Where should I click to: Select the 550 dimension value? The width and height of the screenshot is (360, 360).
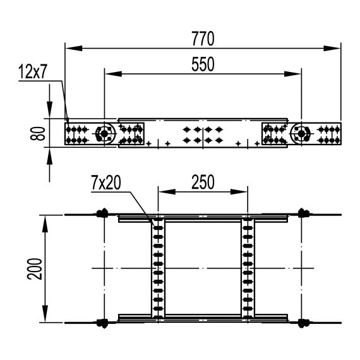pyautogui.click(x=203, y=64)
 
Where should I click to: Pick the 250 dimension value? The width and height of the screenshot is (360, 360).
pyautogui.click(x=202, y=182)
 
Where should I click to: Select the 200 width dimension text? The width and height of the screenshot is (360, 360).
pyautogui.click(x=35, y=269)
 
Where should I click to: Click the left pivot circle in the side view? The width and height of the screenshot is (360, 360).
pyautogui.click(x=102, y=133)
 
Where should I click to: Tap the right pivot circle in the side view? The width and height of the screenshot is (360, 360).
pyautogui.click(x=301, y=133)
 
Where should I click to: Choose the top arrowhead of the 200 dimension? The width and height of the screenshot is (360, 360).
pyautogui.click(x=45, y=219)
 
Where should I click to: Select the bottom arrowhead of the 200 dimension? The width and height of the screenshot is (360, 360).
pyautogui.click(x=45, y=319)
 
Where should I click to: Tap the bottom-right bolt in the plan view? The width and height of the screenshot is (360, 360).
pyautogui.click(x=303, y=323)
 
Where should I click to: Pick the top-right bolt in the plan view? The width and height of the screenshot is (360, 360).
pyautogui.click(x=303, y=213)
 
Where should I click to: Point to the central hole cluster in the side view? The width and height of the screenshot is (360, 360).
pyautogui.click(x=202, y=133)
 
